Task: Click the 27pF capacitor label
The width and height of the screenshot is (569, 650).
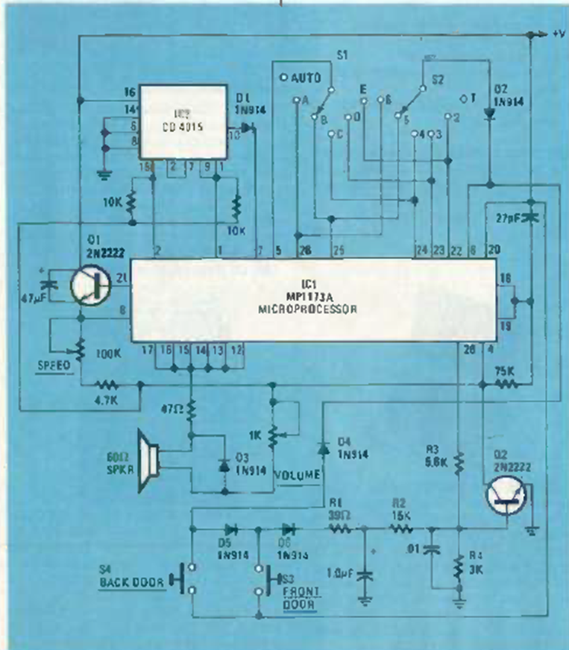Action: (x=506, y=197)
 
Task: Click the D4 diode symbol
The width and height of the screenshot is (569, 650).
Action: (x=321, y=447)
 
